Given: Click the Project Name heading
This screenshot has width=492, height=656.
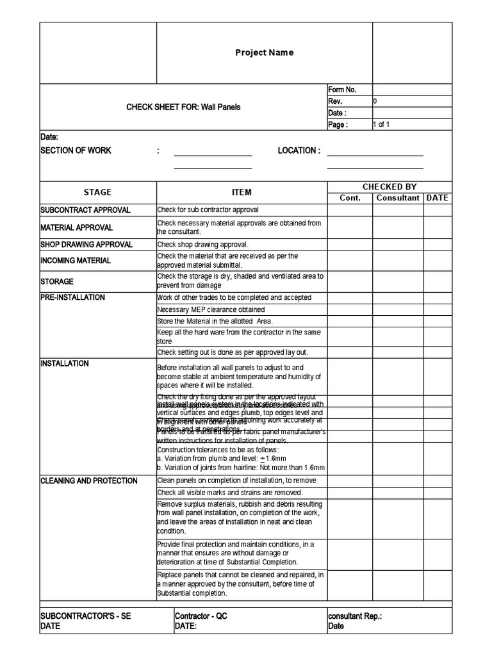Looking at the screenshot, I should point(264,53).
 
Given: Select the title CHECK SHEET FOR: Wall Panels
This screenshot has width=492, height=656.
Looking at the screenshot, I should point(183,107).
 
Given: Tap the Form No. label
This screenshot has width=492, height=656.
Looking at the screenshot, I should point(342,90).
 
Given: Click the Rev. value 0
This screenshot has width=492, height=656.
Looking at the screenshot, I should point(375,101).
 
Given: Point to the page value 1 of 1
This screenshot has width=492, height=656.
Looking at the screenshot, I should point(382,125).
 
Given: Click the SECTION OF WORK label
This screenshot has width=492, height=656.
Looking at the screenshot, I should point(76,151).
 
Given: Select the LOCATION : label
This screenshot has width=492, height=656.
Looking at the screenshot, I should point(299,151).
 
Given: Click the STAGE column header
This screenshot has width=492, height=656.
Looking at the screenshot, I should point(97,192).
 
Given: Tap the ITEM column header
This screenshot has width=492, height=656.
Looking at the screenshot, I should point(242,192).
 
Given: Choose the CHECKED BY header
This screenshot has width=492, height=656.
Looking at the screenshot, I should point(389,187).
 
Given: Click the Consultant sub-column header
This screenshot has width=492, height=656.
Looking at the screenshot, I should point(398,198).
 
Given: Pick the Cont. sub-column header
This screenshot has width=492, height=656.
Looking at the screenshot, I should point(350,198).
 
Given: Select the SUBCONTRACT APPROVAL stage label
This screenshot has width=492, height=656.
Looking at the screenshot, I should point(85,209).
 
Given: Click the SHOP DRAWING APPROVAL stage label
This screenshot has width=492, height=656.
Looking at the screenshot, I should point(86,244).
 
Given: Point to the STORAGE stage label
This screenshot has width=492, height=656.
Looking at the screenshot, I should point(57,281).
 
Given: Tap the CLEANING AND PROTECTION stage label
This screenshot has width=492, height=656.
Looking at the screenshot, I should point(88,480).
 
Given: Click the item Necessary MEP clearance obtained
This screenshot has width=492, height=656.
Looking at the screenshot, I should point(211,309).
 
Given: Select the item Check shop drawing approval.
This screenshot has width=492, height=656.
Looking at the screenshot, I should point(202,244).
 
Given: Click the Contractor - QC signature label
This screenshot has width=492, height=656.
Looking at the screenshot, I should point(201,616).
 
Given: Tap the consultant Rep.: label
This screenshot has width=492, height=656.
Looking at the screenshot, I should point(355,616).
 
